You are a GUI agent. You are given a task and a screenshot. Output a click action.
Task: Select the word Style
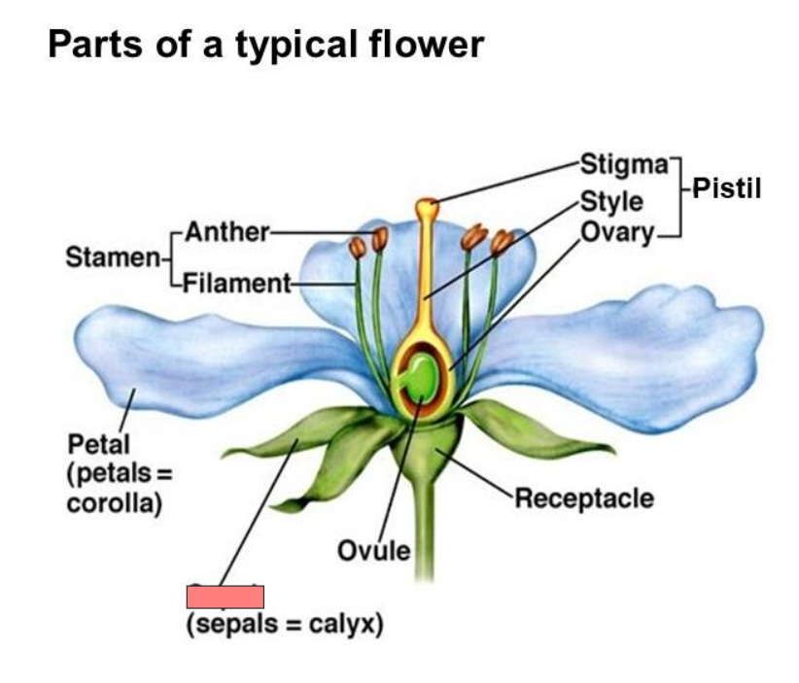611,201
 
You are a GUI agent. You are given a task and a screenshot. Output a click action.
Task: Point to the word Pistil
726,187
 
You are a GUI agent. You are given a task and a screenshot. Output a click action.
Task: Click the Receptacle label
583,499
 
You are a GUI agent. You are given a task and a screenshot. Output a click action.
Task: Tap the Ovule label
373,551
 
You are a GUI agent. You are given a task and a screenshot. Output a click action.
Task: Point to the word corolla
114,504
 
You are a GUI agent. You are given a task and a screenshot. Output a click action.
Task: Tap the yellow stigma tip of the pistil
427,207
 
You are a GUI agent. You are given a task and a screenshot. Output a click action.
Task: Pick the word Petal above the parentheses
98,444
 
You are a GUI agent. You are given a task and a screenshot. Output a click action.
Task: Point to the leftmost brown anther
358,248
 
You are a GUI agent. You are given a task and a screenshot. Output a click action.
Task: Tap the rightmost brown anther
501,241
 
